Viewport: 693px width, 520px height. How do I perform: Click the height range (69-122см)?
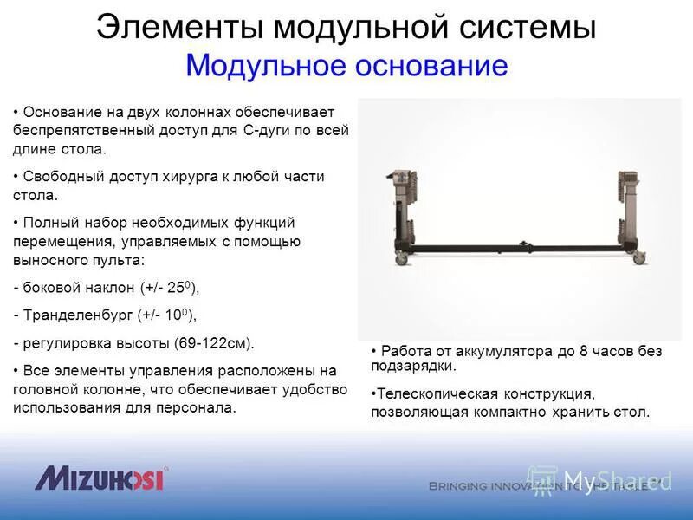click(x=212, y=343)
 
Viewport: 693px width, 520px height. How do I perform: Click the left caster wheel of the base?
click(x=401, y=259)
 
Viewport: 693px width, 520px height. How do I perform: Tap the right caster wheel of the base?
click(x=638, y=257)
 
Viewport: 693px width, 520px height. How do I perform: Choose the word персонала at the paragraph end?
click(x=199, y=407)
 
